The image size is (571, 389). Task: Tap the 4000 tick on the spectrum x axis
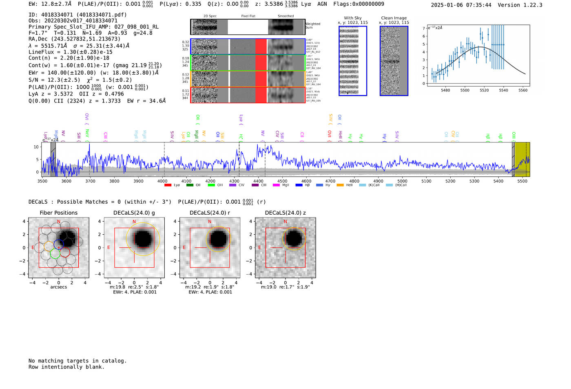[x=162, y=181]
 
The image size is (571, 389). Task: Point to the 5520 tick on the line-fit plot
[x=484, y=90]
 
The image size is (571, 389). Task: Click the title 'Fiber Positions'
[x=58, y=213]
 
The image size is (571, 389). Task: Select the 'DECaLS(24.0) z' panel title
[x=285, y=213]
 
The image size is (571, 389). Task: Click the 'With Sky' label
[x=352, y=18]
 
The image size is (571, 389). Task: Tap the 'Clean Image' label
[x=394, y=18]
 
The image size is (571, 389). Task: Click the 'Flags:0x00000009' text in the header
[x=359, y=4]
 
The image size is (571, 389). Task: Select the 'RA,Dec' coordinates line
[x=74, y=39]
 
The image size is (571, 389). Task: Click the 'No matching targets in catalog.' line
[x=77, y=361]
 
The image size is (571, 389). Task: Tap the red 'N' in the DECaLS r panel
[x=210, y=222]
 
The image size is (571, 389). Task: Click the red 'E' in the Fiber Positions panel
[x=33, y=247]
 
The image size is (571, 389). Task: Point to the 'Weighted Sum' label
[x=312, y=26]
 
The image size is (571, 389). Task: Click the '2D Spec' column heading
[x=210, y=16]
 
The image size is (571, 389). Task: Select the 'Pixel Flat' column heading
[x=248, y=16]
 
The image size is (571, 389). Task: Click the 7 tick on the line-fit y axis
[x=424, y=29]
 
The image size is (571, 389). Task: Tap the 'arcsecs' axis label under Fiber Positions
[x=58, y=287]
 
